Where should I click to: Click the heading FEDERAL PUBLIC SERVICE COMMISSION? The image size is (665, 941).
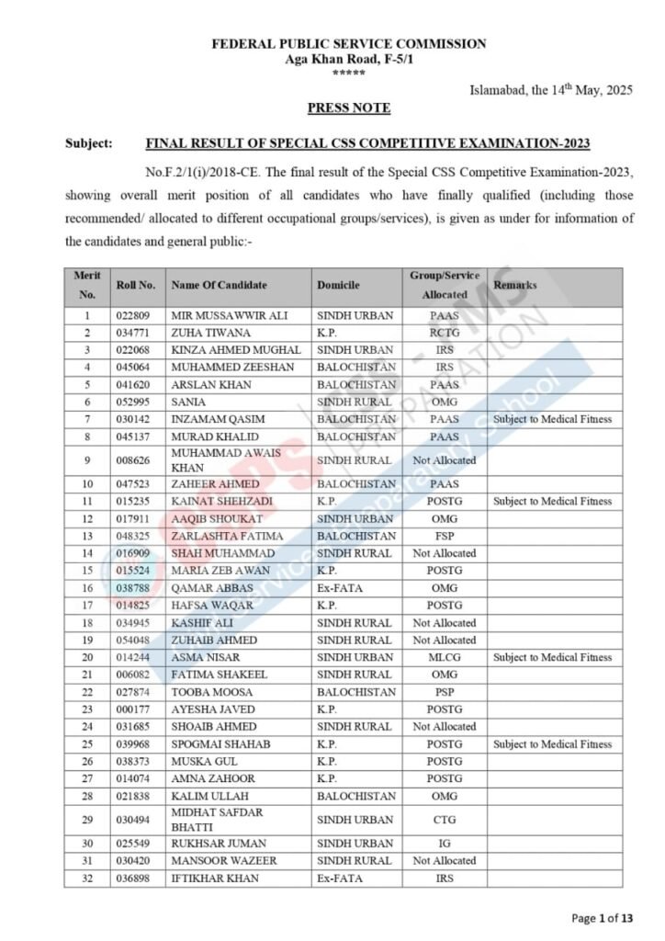tap(349, 43)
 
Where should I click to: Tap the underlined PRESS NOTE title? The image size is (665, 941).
tap(349, 108)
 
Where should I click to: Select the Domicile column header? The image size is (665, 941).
tap(338, 286)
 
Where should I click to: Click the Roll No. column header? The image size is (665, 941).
tap(136, 286)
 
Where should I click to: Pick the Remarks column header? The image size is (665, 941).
tap(515, 286)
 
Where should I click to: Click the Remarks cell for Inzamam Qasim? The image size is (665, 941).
tap(552, 419)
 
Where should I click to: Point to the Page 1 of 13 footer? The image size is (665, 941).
tap(603, 918)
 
